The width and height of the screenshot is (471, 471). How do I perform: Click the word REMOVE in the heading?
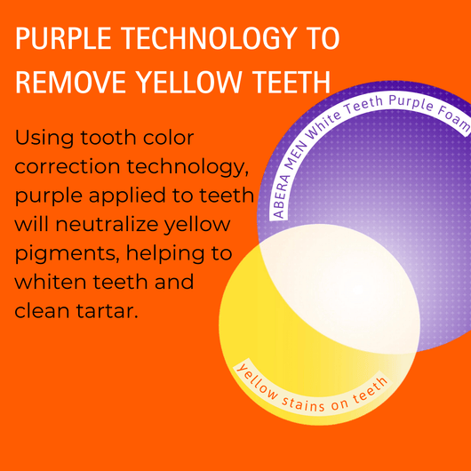[70, 82]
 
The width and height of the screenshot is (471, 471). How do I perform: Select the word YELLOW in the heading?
[188, 82]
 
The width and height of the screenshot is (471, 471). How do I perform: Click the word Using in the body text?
[44, 139]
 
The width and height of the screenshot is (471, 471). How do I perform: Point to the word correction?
[68, 167]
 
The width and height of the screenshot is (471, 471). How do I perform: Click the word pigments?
[65, 254]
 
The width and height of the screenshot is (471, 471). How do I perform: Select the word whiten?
[51, 282]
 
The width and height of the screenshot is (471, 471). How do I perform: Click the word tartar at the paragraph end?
[108, 311]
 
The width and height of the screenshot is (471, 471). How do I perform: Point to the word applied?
[127, 196]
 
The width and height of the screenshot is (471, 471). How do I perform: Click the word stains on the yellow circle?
[303, 404]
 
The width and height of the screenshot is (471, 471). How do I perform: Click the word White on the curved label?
[323, 124]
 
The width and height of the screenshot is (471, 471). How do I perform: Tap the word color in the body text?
[169, 138]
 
